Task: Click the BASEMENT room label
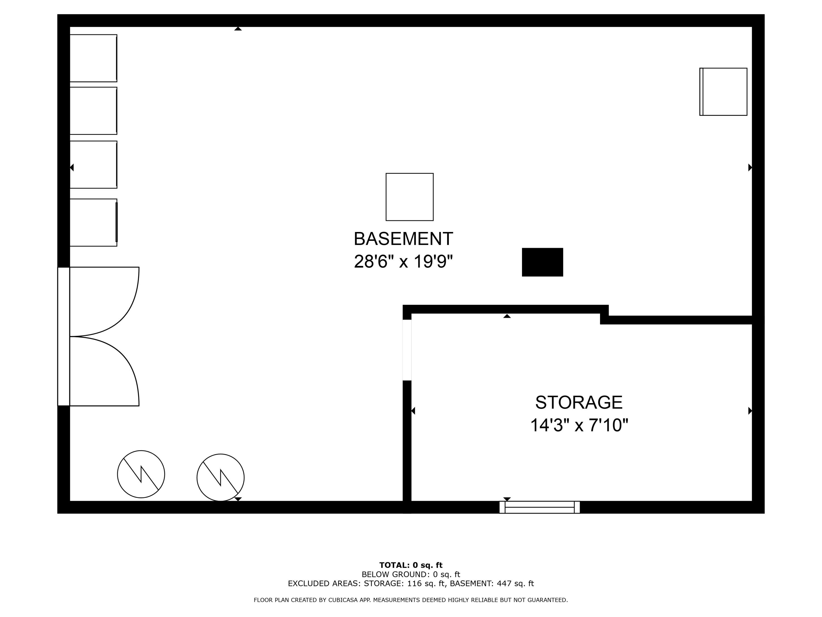403,239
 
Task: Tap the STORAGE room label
579,402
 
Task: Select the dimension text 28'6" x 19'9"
403,261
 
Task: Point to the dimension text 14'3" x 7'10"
579,425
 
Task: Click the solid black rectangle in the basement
542,262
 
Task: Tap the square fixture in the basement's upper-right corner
723,92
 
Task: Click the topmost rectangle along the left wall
93,58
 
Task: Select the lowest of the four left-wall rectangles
93,222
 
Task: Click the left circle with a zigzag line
141,474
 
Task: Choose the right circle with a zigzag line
220,477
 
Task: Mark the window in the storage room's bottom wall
540,507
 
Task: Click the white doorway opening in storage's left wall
407,350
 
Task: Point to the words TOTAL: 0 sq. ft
411,565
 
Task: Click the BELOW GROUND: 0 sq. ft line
411,574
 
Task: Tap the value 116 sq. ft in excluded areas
426,584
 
